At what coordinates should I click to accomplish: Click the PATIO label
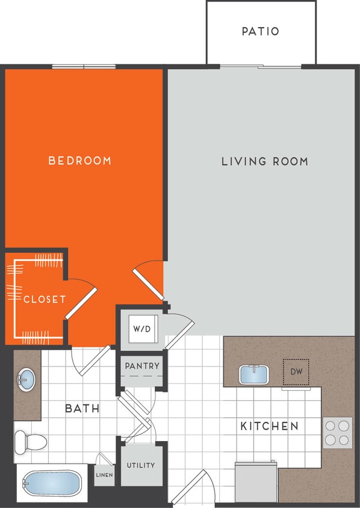tap(261, 31)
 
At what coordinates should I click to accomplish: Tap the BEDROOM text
tap(80, 161)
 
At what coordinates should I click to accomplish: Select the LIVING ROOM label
tap(265, 161)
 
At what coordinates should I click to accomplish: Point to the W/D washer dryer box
tap(142, 329)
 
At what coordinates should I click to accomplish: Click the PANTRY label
tap(143, 366)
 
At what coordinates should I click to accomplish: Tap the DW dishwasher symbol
tap(296, 372)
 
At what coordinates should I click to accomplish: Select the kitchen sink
tap(255, 374)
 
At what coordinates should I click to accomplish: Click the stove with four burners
tap(337, 433)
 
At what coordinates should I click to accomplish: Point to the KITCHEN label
tap(269, 426)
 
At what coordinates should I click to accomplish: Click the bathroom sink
tap(26, 380)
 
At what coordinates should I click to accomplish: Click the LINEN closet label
tap(104, 475)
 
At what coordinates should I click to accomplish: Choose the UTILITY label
tap(141, 465)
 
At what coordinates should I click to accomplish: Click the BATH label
tap(82, 409)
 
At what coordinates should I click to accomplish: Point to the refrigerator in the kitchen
tap(255, 482)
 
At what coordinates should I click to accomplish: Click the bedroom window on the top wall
tap(82, 66)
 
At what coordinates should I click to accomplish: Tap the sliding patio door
tap(260, 66)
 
